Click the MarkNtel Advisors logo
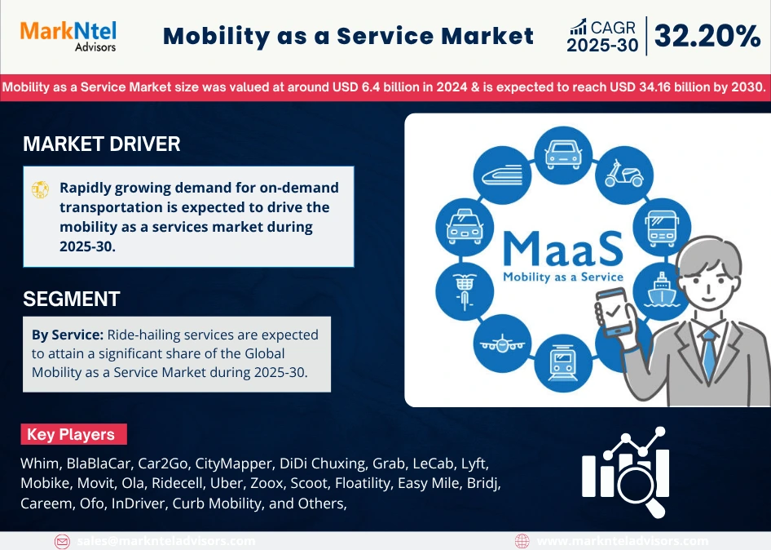point(68,35)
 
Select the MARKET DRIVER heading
point(102,144)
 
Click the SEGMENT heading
point(72,299)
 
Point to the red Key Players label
point(71,434)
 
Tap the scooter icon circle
point(623,173)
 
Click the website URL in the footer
point(623,541)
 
